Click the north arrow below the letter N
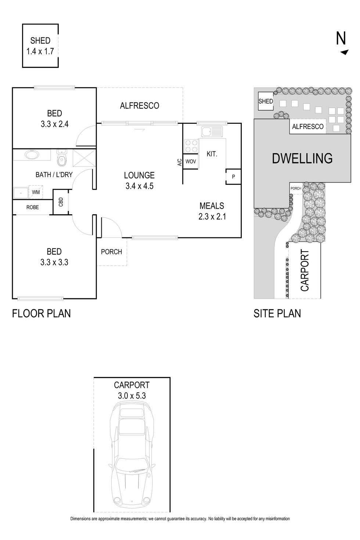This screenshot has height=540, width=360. pos(345,52)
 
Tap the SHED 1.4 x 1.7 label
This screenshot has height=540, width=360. pos(40,46)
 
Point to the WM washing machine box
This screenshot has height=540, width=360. pos(36,192)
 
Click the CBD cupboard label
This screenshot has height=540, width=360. pos(61,202)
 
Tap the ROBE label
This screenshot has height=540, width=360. pos(33,207)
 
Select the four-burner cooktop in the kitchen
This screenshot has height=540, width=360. pos(191,146)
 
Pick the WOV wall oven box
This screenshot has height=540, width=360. pos(191,161)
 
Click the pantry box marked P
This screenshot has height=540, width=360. pos(233,177)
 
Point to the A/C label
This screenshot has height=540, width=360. pos(179,162)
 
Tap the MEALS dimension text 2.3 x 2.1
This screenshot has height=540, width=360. pos(212,216)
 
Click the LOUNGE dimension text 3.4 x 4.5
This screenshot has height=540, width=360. pos(139,186)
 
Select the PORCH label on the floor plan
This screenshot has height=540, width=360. pos(111,252)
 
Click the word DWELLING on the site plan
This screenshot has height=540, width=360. pos(302,158)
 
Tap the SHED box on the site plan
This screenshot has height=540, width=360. pos(266,101)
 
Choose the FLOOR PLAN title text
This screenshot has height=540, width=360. pos(42,314)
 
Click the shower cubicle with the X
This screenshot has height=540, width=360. pos(84,158)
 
